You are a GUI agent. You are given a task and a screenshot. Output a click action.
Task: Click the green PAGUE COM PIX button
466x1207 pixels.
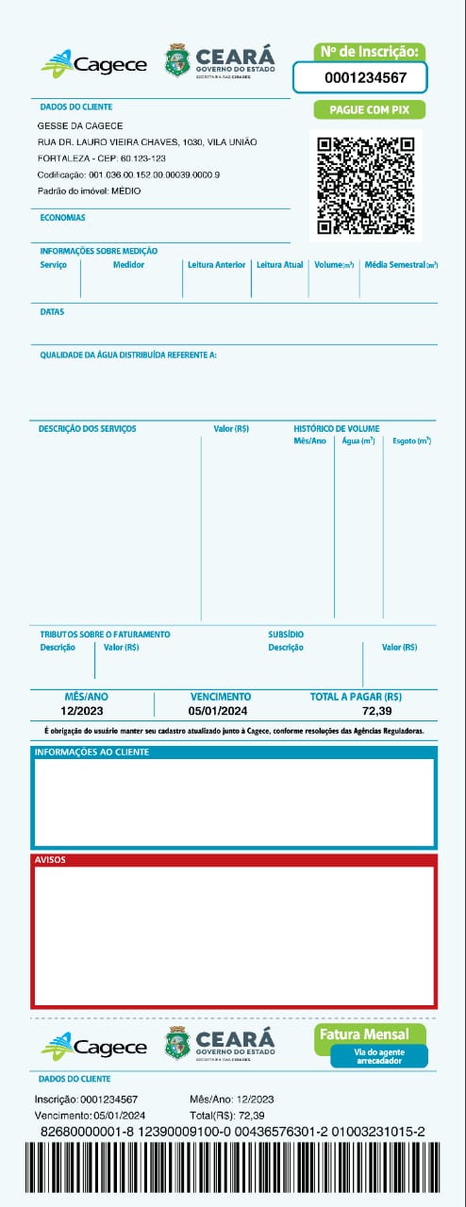tap(369, 110)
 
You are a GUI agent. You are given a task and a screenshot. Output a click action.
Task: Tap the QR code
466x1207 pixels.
tap(366, 185)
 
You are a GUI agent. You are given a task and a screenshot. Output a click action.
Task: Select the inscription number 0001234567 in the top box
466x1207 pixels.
tap(365, 78)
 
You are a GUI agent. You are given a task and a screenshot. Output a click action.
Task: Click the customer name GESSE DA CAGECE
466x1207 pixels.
tap(80, 125)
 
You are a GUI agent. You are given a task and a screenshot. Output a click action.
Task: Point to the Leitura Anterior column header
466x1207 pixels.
tap(217, 265)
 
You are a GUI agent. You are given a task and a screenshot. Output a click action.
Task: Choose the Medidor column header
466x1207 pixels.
tap(128, 265)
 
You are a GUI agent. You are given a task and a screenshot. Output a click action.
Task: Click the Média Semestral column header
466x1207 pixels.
tap(401, 265)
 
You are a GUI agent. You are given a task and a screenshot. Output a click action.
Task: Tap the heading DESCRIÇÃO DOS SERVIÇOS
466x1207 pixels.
tap(87, 429)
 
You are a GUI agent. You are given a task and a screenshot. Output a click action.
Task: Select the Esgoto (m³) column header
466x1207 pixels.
tap(411, 440)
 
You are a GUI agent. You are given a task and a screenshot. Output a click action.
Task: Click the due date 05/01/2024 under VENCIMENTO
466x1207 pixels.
tap(219, 711)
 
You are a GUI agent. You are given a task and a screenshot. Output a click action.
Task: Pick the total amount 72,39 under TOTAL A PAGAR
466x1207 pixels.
tap(376, 711)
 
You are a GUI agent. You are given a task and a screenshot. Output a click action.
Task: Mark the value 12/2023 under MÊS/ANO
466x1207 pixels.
tap(82, 711)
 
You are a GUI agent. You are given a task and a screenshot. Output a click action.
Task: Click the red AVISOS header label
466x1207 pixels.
tap(49, 860)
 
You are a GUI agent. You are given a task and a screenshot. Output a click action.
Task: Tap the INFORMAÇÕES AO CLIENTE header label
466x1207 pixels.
tap(92, 752)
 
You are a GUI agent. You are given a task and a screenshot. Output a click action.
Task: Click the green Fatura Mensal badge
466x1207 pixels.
tap(364, 1034)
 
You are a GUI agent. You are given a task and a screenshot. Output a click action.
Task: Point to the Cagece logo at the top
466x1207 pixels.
tap(94, 64)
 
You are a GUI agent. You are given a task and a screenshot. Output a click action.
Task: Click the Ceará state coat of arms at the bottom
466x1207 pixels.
tap(177, 1043)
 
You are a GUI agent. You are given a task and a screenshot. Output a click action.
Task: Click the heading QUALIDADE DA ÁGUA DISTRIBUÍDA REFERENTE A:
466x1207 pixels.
tap(128, 355)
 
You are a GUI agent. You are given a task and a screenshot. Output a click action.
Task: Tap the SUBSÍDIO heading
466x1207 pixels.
tap(286, 635)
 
